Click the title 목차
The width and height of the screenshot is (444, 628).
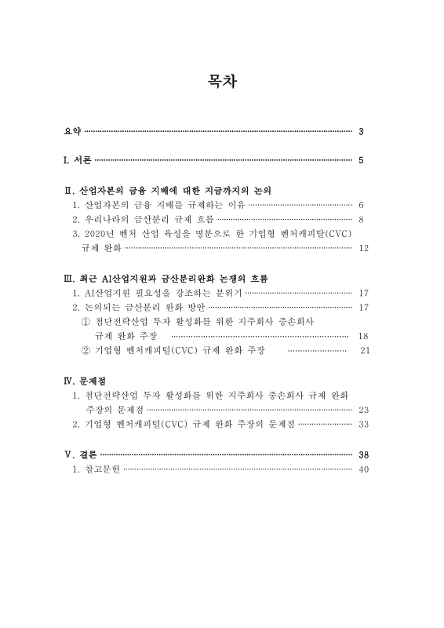[x=221, y=81]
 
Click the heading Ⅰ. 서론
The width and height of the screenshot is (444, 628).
[x=78, y=161]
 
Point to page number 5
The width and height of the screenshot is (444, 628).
[x=360, y=161]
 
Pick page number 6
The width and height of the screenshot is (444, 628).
[x=360, y=204]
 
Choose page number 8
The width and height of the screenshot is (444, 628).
[x=360, y=219]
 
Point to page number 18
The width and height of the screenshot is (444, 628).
[x=362, y=336]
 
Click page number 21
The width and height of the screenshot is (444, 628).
[x=363, y=350]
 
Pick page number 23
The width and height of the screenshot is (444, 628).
[x=362, y=410]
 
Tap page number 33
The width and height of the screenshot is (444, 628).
[x=362, y=425]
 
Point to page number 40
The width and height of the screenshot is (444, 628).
[x=362, y=469]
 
